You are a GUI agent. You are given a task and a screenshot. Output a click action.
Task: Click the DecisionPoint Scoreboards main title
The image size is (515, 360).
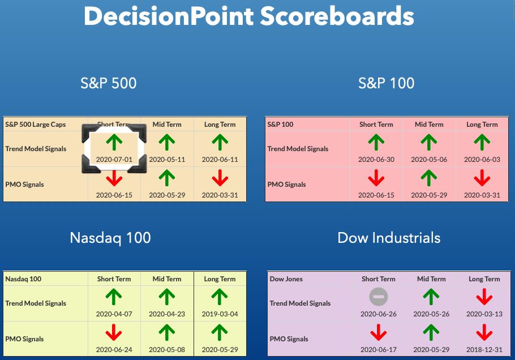tap(248, 16)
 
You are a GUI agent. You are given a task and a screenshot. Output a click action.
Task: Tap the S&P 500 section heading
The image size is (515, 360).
tap(109, 83)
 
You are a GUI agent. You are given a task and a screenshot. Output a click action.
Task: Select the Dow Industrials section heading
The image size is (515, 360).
tap(389, 238)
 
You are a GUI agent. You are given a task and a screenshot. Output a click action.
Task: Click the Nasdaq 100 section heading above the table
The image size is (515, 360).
tap(110, 238)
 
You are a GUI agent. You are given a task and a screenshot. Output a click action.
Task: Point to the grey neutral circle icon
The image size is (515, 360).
tap(379, 297)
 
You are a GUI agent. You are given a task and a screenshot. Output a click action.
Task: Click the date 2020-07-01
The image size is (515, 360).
tap(114, 160)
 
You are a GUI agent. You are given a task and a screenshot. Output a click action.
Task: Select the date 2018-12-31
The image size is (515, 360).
tap(484, 349)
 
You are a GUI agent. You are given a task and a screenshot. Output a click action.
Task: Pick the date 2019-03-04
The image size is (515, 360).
tap(220, 314)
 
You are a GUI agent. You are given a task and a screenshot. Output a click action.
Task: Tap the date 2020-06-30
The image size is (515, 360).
tap(376, 160)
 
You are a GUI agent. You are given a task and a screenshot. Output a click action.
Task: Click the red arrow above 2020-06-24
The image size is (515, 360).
tap(114, 332)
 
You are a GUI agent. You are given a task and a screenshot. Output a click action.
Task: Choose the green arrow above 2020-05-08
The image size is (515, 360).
tap(167, 332)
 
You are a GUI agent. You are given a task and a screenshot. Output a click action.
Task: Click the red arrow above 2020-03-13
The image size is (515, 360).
tap(484, 297)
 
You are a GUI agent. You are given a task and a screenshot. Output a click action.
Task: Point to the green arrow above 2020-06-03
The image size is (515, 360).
tap(482, 142)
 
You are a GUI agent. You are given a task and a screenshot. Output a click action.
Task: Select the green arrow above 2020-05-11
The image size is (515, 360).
tap(167, 142)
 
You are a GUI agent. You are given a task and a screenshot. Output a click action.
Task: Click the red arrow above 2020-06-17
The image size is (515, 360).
tap(379, 332)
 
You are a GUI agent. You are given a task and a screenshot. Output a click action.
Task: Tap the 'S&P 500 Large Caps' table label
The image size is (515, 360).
tap(36, 125)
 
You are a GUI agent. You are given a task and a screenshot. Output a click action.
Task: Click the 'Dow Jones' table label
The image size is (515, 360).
tap(286, 279)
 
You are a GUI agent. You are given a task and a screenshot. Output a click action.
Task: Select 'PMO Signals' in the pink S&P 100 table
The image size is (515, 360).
tap(286, 185)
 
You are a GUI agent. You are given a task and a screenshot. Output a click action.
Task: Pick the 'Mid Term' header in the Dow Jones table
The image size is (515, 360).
tap(431, 279)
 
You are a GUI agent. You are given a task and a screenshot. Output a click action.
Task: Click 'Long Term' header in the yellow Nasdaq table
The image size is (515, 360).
tap(220, 279)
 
